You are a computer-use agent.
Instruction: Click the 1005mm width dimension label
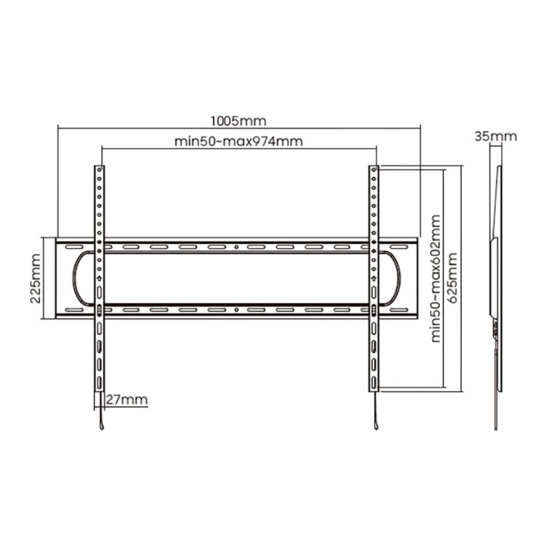click(x=238, y=121)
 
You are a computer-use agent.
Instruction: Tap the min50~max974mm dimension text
click(x=238, y=141)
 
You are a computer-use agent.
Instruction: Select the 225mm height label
click(x=35, y=278)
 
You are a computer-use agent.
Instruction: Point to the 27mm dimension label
click(x=127, y=399)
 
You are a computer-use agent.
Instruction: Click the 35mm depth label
click(x=495, y=136)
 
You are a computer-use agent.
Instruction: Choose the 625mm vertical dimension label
click(x=452, y=278)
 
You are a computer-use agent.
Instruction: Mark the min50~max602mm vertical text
click(x=436, y=278)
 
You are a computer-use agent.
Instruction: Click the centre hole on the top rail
click(x=236, y=247)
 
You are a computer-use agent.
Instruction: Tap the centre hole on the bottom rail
click(x=236, y=309)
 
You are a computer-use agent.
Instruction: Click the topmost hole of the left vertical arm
click(x=99, y=170)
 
